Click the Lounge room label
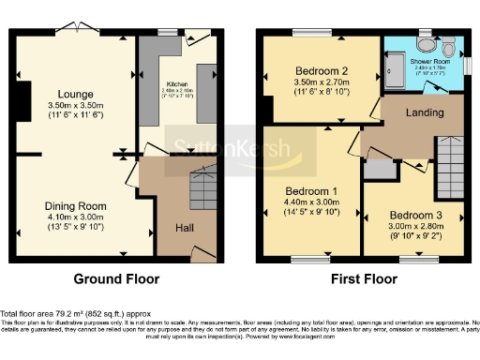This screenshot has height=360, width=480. pos(75,94)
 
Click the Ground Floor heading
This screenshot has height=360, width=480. pos(117,279)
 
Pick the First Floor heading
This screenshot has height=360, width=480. pos(361,279)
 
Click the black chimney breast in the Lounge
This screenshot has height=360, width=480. pos(21,99)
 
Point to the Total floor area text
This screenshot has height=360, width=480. pos(75,313)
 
